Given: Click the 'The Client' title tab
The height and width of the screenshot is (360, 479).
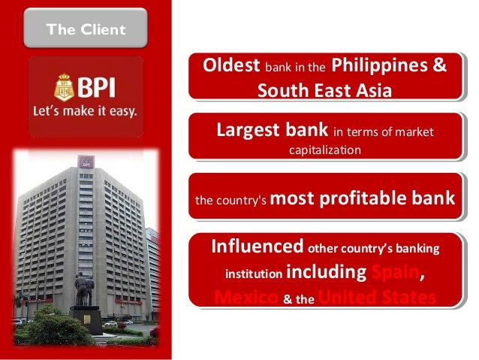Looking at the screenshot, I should tap(84, 29).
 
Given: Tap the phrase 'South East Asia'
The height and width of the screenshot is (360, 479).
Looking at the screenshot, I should tap(324, 90).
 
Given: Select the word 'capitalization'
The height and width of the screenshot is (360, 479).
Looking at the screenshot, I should tap(324, 150).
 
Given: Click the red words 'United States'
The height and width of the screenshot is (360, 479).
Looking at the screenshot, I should tap(377, 298).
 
